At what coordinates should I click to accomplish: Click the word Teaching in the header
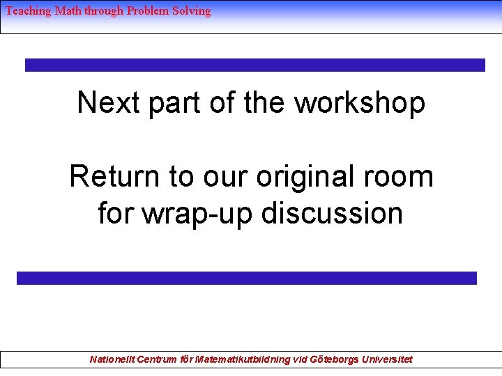28,11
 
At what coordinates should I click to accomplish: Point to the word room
401,177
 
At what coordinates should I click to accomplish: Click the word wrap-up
198,214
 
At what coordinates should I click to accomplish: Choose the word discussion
333,212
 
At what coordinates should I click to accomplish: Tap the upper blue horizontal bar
254,65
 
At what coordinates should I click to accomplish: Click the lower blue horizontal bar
246,278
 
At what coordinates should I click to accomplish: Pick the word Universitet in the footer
386,359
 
